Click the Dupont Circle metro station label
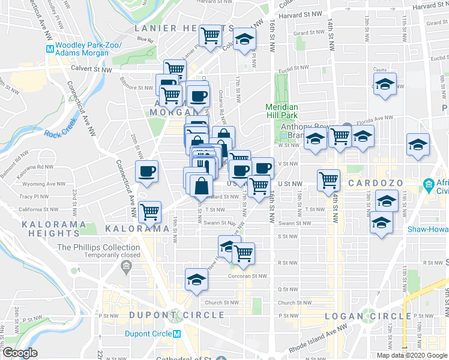[x=149, y=334]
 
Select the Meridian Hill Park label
[x=282, y=111]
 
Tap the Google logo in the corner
[x=20, y=353]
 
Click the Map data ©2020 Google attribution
[x=412, y=355]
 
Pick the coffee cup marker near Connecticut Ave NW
[x=147, y=172]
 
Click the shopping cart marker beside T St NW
[x=149, y=211]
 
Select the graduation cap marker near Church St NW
[x=196, y=280]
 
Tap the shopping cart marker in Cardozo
[x=328, y=179]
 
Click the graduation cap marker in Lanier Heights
[x=243, y=40]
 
